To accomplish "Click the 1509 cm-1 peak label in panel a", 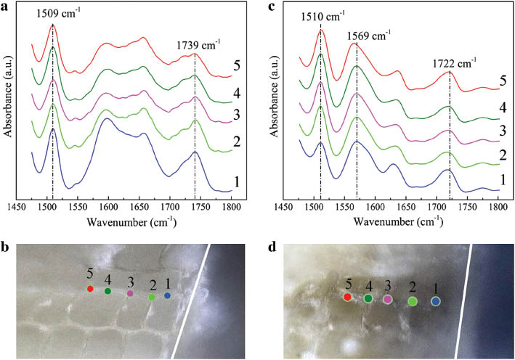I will (53, 12).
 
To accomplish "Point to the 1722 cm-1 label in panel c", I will (450, 64).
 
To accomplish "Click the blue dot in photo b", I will (168, 295).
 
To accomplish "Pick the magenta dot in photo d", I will (388, 298).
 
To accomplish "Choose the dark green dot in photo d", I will (368, 298).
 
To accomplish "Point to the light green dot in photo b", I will (152, 297).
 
